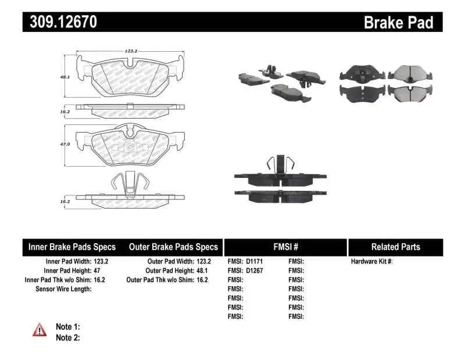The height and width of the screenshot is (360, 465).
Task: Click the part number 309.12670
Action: pos(60,22)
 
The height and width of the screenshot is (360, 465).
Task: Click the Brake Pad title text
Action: pos(398,22)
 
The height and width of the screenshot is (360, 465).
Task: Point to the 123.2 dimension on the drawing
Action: pos(130,51)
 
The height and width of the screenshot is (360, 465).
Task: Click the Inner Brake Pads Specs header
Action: pos(72,247)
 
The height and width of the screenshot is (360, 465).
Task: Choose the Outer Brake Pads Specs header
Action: pos(173,247)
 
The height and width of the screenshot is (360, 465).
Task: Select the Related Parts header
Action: pos(396,247)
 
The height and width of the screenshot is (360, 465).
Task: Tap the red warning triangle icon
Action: pos(40,330)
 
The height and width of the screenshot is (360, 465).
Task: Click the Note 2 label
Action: pos(67,337)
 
